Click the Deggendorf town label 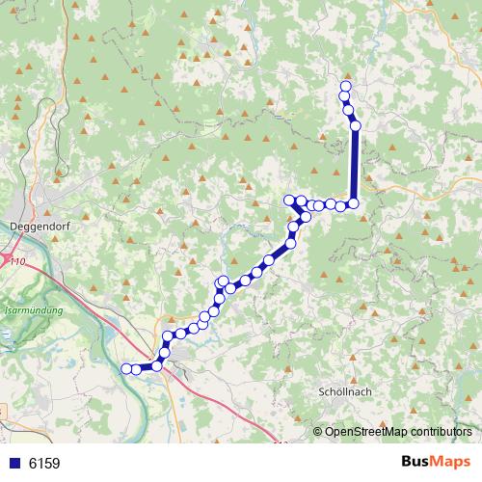(36, 228)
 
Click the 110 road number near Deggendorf (15, 260)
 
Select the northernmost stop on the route (345, 87)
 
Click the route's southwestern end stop (125, 368)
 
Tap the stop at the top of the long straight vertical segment (356, 125)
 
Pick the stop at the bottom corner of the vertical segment (354, 202)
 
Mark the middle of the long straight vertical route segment (355, 164)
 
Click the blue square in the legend (14, 464)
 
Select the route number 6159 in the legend (44, 464)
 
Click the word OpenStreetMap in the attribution (365, 432)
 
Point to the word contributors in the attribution (440, 432)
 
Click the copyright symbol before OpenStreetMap (319, 432)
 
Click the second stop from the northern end (345, 96)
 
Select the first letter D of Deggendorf (12, 228)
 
